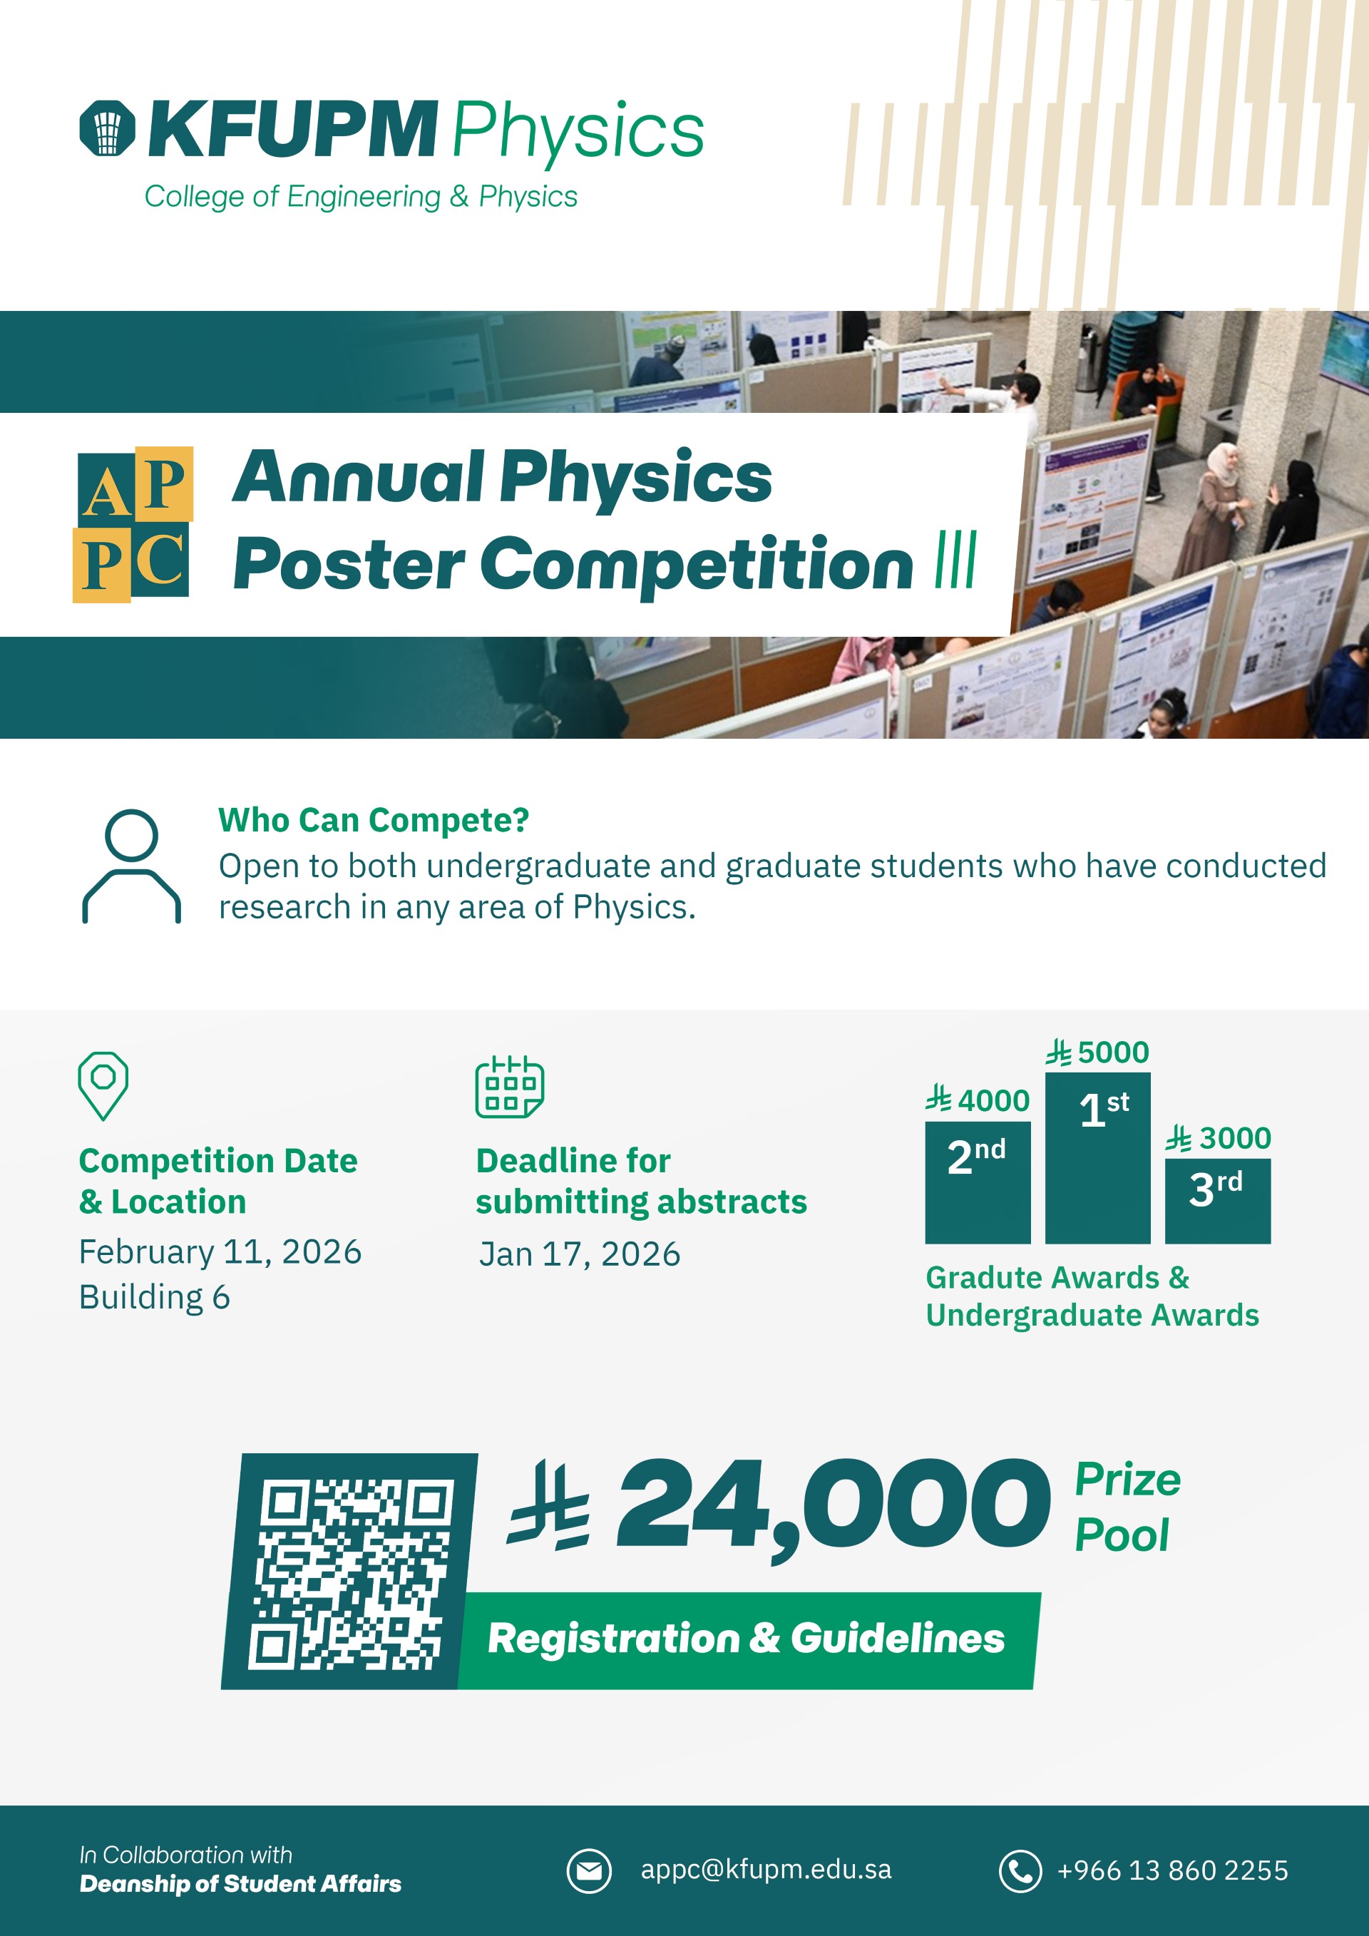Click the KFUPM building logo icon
(x=107, y=128)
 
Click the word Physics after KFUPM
(x=578, y=131)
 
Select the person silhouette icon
(x=131, y=866)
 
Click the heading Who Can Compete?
(x=374, y=819)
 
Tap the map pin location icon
(x=103, y=1086)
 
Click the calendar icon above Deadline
(x=509, y=1086)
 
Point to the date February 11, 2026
(x=220, y=1252)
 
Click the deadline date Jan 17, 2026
(x=579, y=1254)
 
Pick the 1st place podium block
(x=1097, y=1158)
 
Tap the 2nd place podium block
(x=978, y=1182)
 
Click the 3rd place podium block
(x=1217, y=1201)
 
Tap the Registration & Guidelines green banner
(x=749, y=1640)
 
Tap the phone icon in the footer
(x=1020, y=1870)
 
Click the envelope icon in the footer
(x=588, y=1870)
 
